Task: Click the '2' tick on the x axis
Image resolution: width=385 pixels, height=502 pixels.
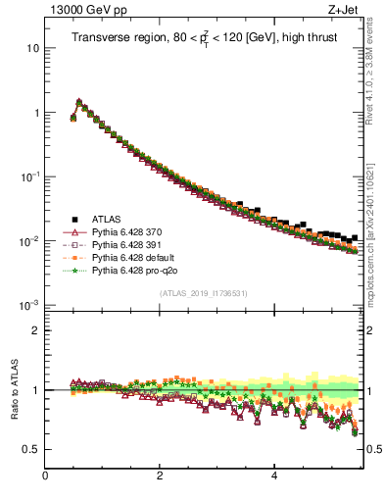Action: point(159,477)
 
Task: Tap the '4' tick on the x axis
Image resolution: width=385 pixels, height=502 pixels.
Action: point(273,477)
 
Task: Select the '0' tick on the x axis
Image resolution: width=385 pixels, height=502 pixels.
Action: point(45,477)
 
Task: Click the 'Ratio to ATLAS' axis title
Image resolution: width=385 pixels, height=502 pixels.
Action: point(13,391)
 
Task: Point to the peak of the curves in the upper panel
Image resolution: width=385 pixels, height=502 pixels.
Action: point(79,101)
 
